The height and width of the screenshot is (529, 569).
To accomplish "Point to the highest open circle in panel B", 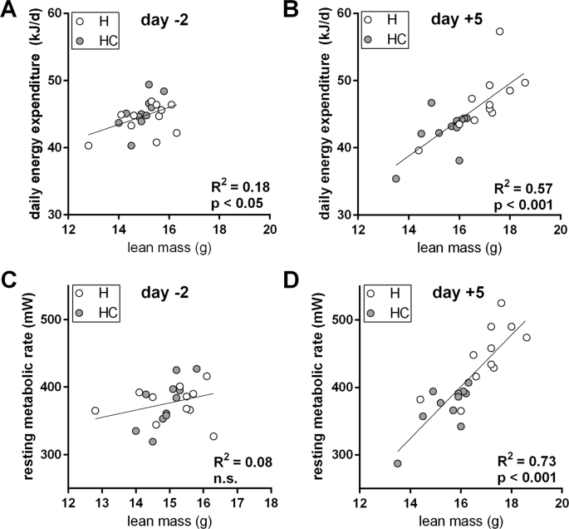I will (x=499, y=32).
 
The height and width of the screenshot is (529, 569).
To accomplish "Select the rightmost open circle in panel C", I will (x=213, y=437).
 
